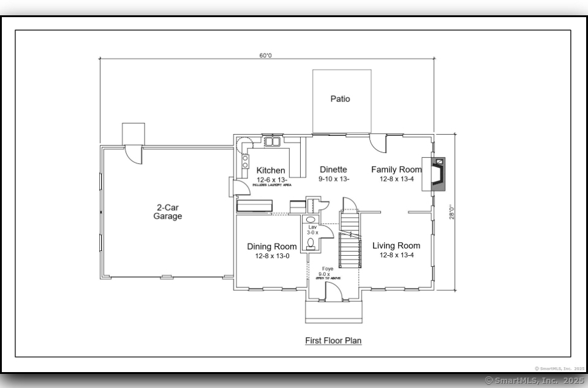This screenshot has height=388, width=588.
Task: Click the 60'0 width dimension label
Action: coord(265,55)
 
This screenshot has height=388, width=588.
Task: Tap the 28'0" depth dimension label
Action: coord(451,212)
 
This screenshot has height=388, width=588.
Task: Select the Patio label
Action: coord(341,99)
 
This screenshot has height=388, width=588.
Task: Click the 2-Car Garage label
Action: coord(167,212)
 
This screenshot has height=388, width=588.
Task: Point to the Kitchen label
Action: coord(270,170)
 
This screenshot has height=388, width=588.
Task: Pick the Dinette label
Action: coord(333,170)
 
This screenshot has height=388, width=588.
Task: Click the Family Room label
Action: coord(396,170)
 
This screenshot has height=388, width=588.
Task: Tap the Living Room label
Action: coord(396,246)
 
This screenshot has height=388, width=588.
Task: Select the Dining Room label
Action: coord(272,247)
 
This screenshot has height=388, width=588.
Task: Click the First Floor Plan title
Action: coord(333,340)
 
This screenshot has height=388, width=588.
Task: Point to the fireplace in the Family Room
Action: coord(437,174)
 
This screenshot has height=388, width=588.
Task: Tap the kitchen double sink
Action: coord(272,142)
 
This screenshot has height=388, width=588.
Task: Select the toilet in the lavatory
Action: coord(311,244)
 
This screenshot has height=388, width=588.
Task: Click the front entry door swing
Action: coord(333,292)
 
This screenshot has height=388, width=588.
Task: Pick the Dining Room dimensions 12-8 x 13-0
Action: coord(272,256)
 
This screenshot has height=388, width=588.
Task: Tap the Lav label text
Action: coord(312,227)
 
